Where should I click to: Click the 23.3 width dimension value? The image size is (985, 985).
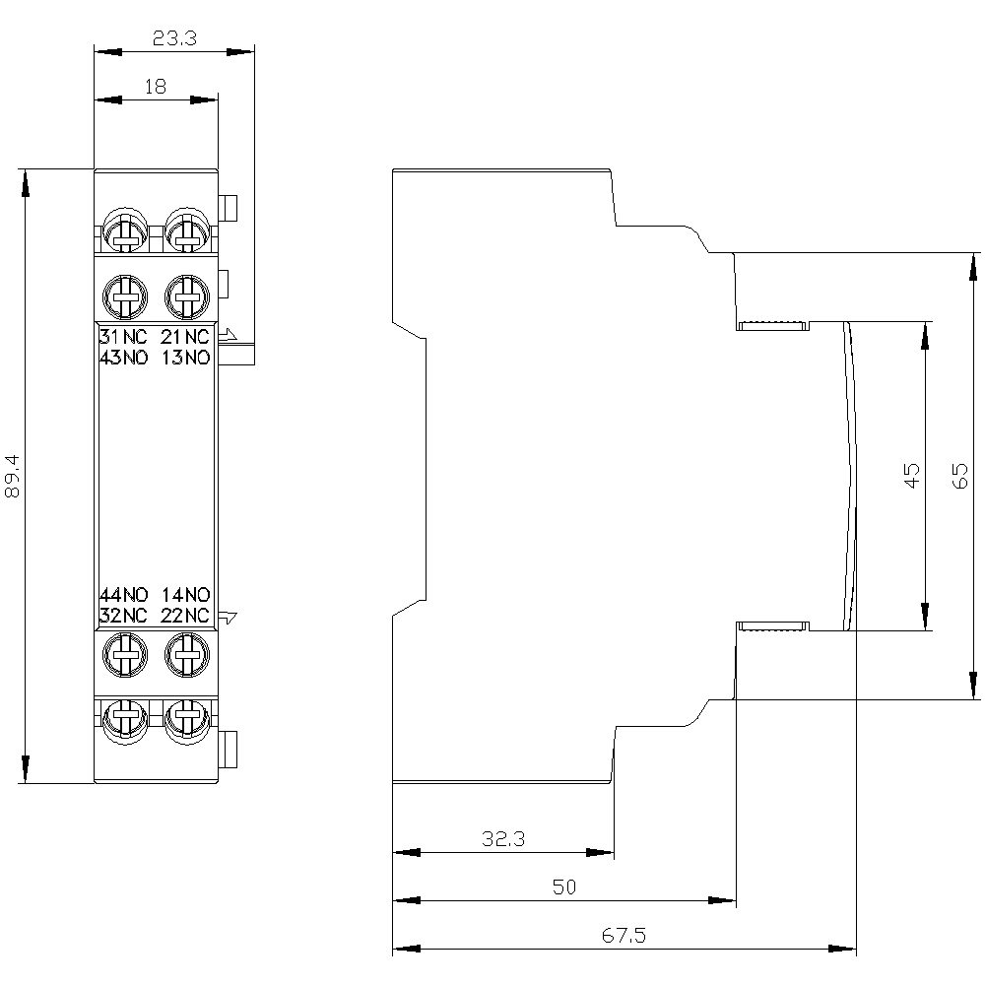point(174,39)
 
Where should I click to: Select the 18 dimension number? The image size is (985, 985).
point(156,86)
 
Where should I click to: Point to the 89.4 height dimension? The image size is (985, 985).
point(13,476)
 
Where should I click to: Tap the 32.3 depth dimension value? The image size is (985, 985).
point(503,838)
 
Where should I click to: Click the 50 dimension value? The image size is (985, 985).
point(564,886)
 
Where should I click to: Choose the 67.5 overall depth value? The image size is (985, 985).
point(624,936)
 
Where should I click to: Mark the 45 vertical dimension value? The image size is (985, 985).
point(911,475)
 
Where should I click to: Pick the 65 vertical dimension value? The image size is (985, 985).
point(959,476)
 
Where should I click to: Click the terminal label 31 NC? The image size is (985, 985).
point(123,337)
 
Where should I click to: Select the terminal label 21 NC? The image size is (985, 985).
point(185,337)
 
